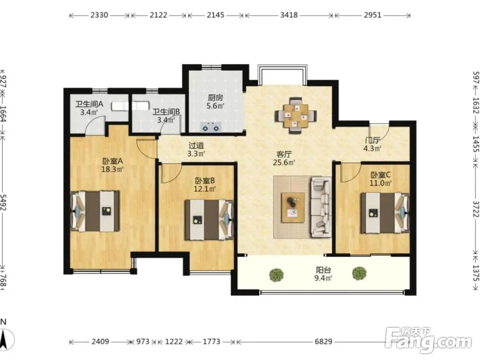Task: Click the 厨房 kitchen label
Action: (216, 98)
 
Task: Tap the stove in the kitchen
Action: (211, 127)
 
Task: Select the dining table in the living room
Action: (296, 115)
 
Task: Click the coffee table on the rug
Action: (293, 207)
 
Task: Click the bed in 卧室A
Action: (95, 211)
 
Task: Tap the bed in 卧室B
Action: (209, 219)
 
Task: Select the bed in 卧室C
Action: (385, 213)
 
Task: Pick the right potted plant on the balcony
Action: (359, 274)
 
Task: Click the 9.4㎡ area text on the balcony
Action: (324, 278)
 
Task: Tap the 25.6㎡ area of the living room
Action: (284, 162)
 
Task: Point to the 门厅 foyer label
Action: (372, 141)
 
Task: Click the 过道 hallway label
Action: (196, 146)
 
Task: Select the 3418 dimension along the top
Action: (288, 15)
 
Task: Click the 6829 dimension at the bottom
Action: (324, 341)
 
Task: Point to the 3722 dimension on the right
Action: (475, 209)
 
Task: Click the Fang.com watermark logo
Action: (428, 339)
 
